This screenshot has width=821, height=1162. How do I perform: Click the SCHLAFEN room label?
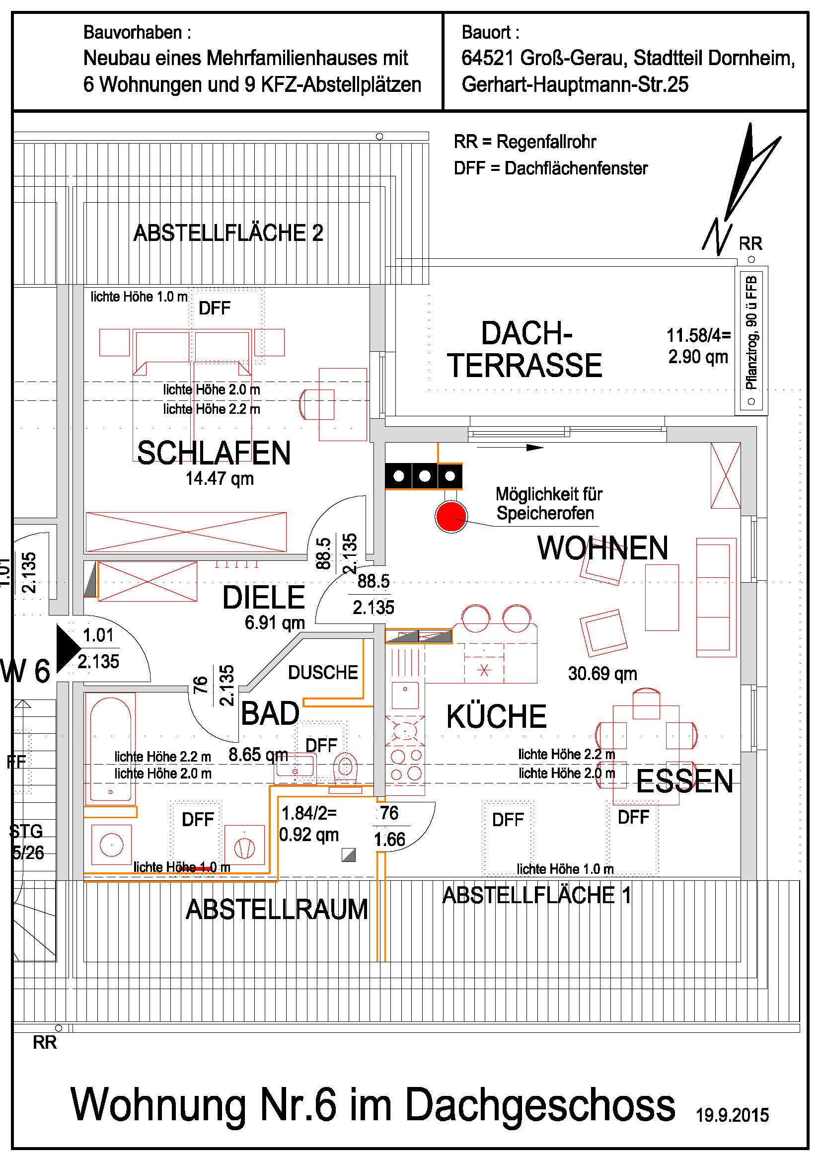(x=214, y=453)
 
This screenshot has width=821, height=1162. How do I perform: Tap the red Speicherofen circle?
(x=450, y=516)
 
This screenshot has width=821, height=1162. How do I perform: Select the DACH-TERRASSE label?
(x=524, y=349)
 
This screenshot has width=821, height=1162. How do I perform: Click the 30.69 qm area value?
(x=602, y=673)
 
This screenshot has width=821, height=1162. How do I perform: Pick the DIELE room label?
(x=264, y=597)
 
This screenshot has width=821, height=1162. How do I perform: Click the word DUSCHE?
(x=323, y=672)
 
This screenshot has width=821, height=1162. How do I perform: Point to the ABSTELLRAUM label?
(x=277, y=909)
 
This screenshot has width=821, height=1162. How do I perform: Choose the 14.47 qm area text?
(x=220, y=478)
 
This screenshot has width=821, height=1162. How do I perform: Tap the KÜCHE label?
(x=496, y=716)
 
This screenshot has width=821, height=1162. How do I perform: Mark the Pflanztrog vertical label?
(x=751, y=332)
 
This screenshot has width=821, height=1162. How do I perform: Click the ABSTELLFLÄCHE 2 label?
(x=228, y=233)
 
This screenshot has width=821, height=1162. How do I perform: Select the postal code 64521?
(x=488, y=58)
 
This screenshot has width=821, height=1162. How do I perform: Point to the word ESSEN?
(x=684, y=781)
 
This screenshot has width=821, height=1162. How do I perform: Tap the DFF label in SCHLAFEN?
(x=215, y=308)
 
